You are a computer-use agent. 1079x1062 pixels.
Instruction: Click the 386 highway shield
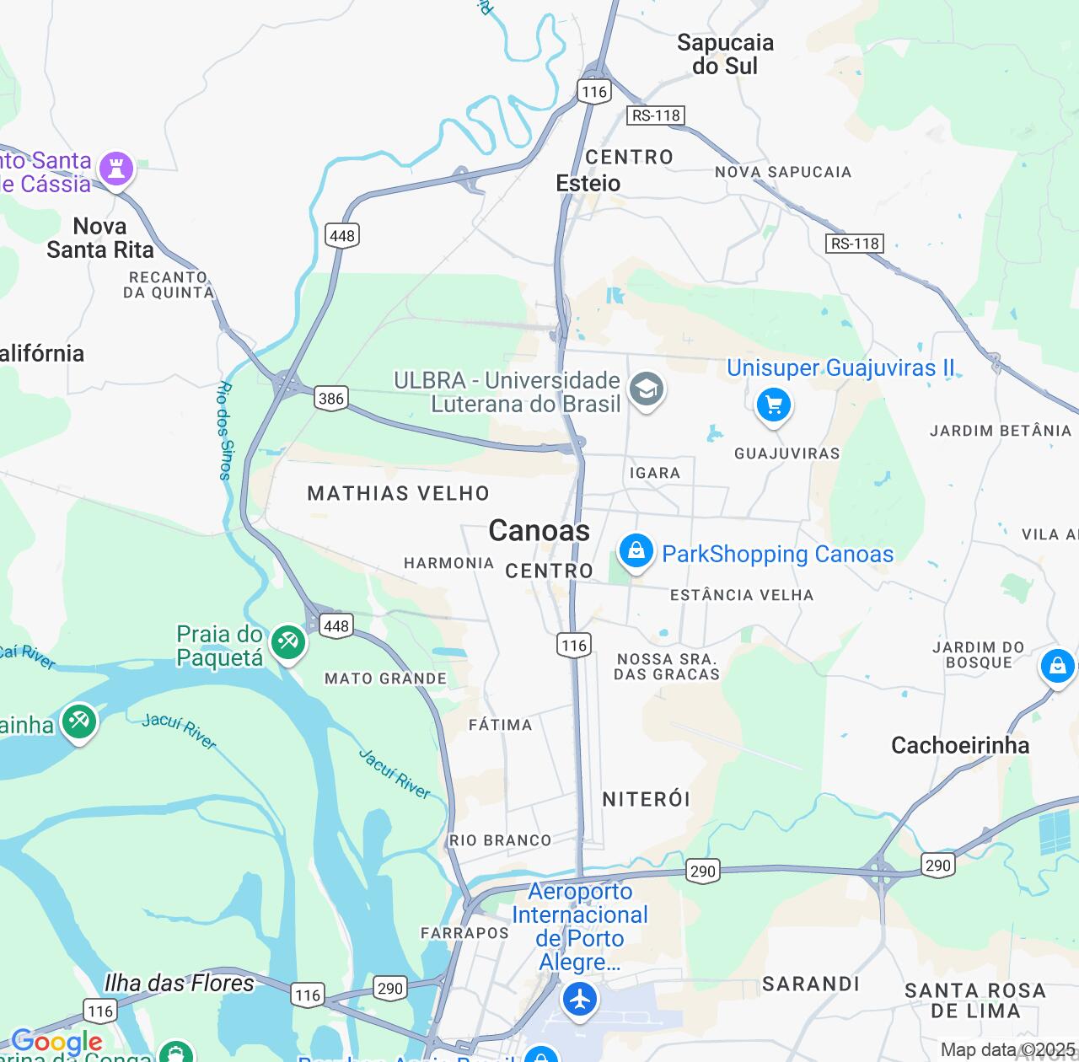tap(331, 398)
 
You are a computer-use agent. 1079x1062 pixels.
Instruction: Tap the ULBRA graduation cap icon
tap(647, 389)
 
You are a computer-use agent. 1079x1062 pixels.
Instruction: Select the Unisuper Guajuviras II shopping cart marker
tap(773, 405)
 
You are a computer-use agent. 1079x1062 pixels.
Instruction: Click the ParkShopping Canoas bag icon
tap(636, 552)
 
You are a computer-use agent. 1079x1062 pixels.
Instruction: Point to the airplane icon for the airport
tap(579, 1000)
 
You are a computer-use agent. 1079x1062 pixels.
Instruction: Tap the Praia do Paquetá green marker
tap(287, 643)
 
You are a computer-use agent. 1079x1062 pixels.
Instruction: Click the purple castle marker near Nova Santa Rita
tap(116, 169)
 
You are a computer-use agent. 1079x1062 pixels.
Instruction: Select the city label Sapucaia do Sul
tap(725, 54)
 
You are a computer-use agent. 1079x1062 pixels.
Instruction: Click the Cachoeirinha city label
tap(960, 745)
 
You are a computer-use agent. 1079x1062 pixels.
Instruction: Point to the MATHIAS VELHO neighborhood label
tap(398, 493)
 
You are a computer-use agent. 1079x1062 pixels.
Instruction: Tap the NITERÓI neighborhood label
tap(647, 799)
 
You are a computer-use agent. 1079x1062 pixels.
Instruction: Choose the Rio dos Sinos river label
tap(225, 430)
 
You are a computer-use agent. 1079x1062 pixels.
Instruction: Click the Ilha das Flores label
tap(179, 983)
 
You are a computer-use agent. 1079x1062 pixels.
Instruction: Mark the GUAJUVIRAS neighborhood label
tap(786, 453)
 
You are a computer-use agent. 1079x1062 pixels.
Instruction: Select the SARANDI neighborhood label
tap(811, 984)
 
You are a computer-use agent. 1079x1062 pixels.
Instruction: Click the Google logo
tap(56, 1042)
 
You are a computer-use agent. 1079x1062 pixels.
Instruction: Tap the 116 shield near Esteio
tap(593, 92)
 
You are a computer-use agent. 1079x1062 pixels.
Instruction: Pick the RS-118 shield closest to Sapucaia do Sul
tap(656, 115)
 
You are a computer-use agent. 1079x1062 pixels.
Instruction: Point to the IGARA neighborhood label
tap(654, 473)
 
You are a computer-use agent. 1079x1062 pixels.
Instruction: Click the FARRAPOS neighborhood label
tap(464, 932)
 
